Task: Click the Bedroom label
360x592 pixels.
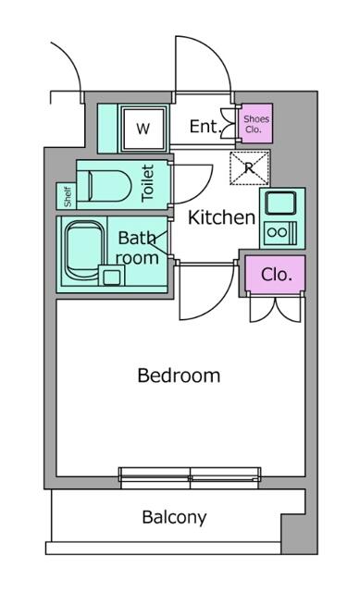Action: pos(179,376)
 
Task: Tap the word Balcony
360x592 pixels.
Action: pos(174,517)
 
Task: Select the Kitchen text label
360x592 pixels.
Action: pos(221,218)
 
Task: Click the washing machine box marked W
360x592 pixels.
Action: pos(143,129)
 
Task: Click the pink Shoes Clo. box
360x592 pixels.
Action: pos(254,124)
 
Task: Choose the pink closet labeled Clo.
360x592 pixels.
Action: pos(276,275)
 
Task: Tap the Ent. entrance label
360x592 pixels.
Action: pos(204,127)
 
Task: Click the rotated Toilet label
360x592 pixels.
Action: pos(148,183)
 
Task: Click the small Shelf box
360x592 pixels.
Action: pos(67,195)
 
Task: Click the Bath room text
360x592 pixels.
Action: pos(137,248)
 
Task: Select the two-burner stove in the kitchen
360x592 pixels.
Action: pos(279,232)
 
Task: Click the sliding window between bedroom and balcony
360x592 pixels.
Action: pos(191,478)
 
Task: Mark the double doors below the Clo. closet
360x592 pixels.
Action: pos(276,312)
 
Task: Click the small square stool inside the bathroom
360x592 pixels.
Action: pos(111,276)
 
